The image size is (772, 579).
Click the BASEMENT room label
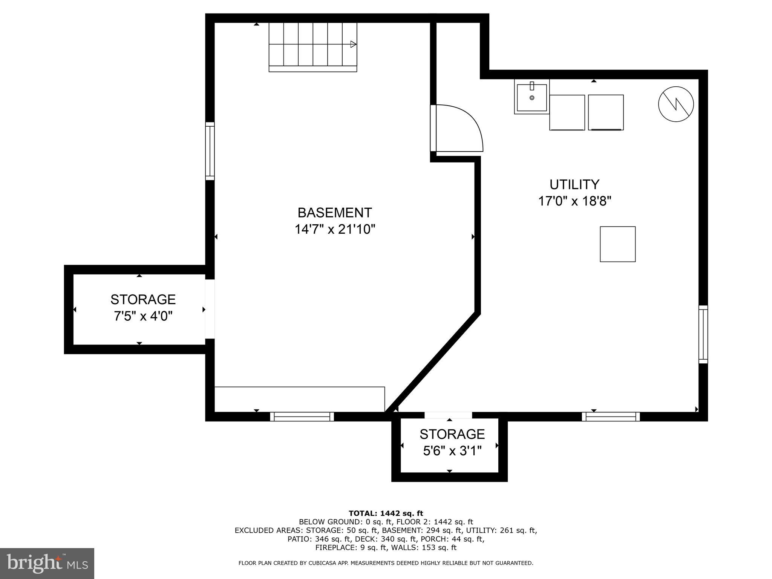pyautogui.click(x=334, y=213)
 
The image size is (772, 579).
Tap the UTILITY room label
pyautogui.click(x=574, y=184)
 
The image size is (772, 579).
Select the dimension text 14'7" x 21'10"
pyautogui.click(x=335, y=229)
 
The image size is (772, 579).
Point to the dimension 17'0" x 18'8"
pyautogui.click(x=574, y=201)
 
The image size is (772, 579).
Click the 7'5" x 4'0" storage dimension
pyautogui.click(x=143, y=316)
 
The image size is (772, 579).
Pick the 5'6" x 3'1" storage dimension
pyautogui.click(x=452, y=451)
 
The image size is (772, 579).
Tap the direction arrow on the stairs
pyautogui.click(x=353, y=44)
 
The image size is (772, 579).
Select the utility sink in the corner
pyautogui.click(x=532, y=97)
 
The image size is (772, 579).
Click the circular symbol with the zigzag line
pyautogui.click(x=676, y=104)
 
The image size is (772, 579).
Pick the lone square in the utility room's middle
pyautogui.click(x=617, y=244)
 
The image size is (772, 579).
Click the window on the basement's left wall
pyautogui.click(x=210, y=151)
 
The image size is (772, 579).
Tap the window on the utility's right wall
pyautogui.click(x=703, y=334)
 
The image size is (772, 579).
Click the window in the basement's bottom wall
pyautogui.click(x=302, y=416)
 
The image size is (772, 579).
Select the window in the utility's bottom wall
pyautogui.click(x=611, y=416)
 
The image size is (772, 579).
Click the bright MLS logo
pyautogui.click(x=47, y=563)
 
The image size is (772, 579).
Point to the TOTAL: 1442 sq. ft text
pyautogui.click(x=386, y=513)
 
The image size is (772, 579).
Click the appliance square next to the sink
pyautogui.click(x=567, y=112)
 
